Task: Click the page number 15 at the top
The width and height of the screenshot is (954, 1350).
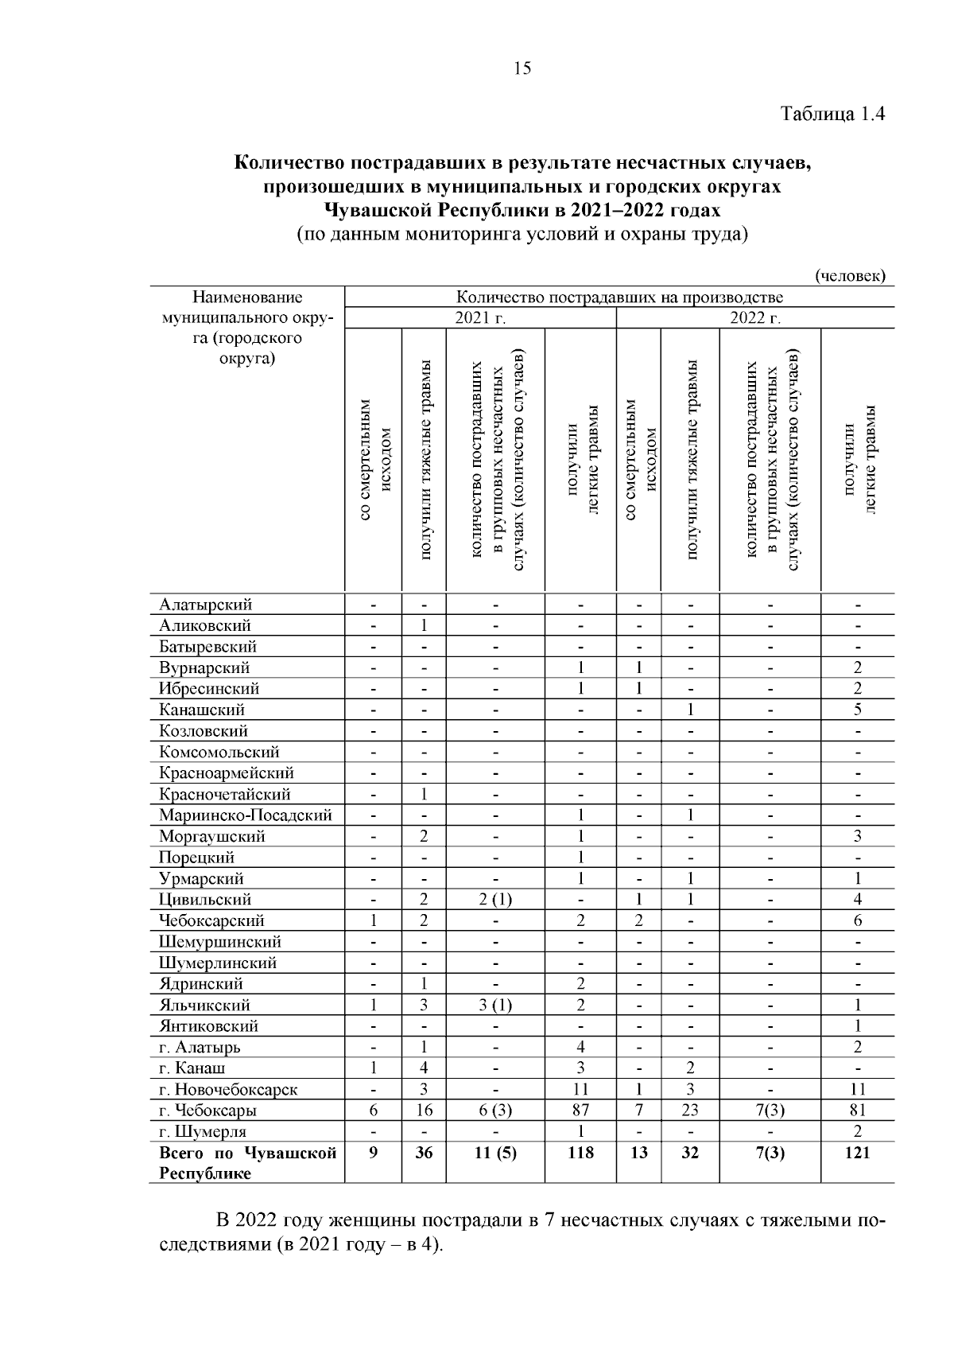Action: pyautogui.click(x=522, y=68)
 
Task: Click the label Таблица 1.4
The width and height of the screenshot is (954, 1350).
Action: pyautogui.click(x=833, y=114)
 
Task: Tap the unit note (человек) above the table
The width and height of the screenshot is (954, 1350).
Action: pyautogui.click(x=850, y=276)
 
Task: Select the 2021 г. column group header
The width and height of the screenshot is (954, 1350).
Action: pyautogui.click(x=480, y=319)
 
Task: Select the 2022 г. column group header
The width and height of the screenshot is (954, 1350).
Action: pyautogui.click(x=755, y=319)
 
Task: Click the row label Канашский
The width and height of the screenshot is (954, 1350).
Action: pyautogui.click(x=202, y=710)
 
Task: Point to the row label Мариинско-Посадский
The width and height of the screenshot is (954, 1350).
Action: pyautogui.click(x=246, y=815)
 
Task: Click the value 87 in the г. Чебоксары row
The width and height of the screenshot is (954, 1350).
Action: pyautogui.click(x=580, y=1111)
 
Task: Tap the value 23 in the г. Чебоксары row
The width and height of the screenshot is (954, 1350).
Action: pyautogui.click(x=690, y=1111)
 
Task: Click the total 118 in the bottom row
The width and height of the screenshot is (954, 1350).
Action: pyautogui.click(x=580, y=1153)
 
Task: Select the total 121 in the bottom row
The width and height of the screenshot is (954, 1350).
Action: pyautogui.click(x=857, y=1153)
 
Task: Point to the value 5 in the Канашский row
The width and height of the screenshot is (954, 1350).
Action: pyautogui.click(x=857, y=710)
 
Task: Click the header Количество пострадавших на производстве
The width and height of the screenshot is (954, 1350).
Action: pyautogui.click(x=619, y=298)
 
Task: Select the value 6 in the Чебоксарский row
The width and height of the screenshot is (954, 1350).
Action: pyautogui.click(x=857, y=920)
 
